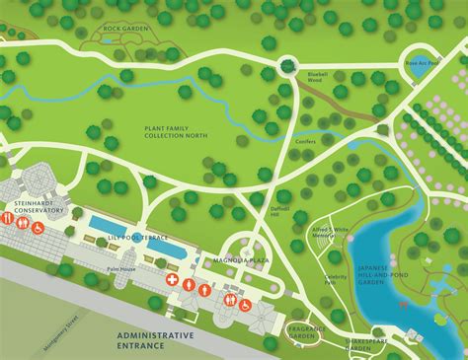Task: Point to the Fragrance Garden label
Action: click(x=300, y=330)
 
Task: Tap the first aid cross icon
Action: click(x=171, y=281)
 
